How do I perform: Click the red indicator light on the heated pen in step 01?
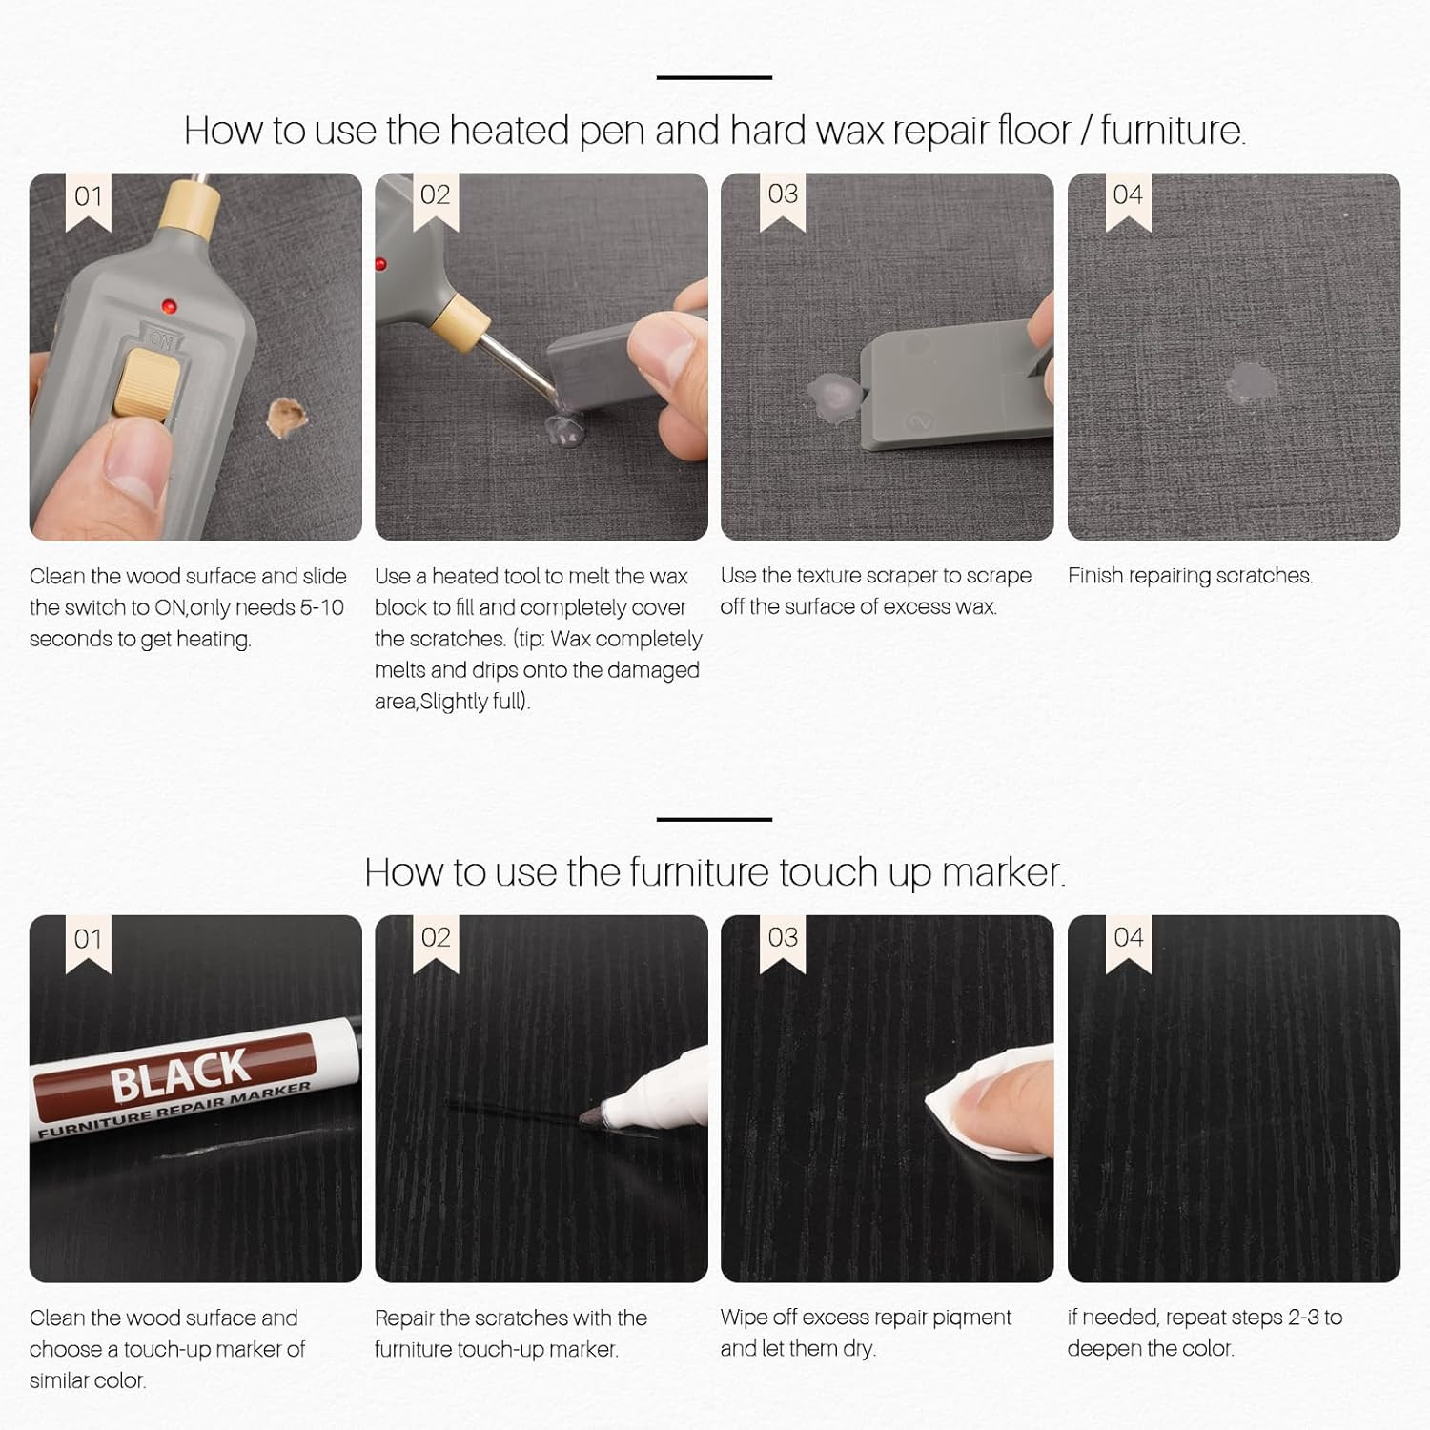tap(169, 306)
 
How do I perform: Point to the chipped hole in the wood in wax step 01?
tap(286, 417)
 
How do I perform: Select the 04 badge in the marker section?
tap(1129, 938)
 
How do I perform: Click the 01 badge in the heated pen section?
tap(89, 197)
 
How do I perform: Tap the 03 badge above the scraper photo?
tap(783, 194)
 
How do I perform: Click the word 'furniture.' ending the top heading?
tap(1172, 131)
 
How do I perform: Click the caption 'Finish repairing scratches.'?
tap(1190, 576)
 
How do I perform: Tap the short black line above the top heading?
tap(714, 77)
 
